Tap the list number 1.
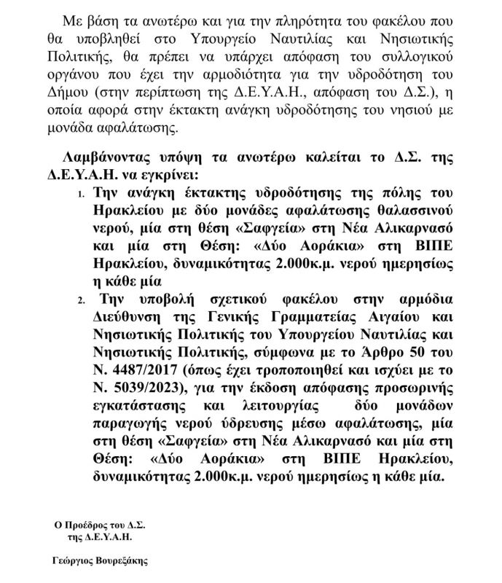click(81, 195)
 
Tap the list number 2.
click(81, 300)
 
